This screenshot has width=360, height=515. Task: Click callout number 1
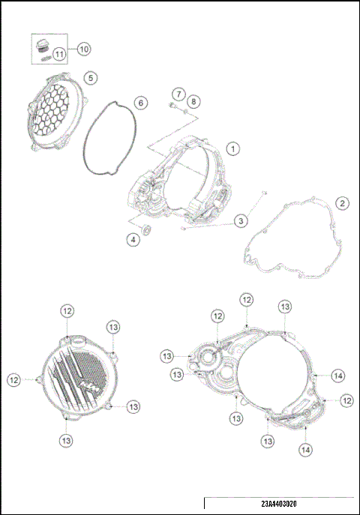234,149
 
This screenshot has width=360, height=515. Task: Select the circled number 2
341,203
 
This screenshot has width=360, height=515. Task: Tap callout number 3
240,220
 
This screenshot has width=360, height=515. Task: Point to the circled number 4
132,240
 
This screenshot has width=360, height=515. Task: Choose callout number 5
89,77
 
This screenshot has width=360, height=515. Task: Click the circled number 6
140,102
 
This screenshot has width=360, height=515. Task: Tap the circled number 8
193,101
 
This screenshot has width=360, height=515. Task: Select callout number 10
83,49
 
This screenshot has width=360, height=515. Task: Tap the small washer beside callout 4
146,228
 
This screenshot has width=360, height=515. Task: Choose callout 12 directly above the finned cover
67,310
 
